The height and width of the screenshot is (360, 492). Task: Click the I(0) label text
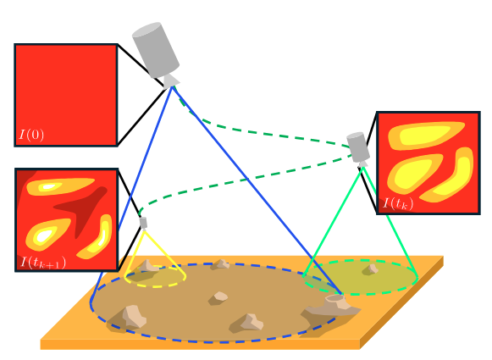coord(31,135)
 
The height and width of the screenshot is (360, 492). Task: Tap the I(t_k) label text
coord(398,203)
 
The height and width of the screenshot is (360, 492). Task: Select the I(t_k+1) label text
coord(43,263)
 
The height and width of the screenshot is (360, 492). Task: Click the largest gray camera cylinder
coord(156,50)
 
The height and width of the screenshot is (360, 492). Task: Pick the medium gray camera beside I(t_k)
coord(358,147)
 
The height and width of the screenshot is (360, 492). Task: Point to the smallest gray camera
coord(143,223)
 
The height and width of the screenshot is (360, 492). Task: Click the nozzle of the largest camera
coord(171,80)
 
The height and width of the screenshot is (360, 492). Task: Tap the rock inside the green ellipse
coord(371,269)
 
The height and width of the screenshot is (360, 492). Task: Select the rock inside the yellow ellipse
coord(147,267)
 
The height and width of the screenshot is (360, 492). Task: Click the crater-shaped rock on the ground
coord(334,304)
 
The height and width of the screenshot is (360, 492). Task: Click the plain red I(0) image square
coord(66,95)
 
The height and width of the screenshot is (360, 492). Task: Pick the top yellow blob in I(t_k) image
coord(425,136)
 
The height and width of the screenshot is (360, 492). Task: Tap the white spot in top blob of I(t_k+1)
coord(48,187)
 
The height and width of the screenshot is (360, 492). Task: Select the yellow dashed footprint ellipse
coord(155,276)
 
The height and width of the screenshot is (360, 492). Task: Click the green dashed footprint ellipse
coord(361,277)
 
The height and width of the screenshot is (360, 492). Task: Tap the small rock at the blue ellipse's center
coord(218,298)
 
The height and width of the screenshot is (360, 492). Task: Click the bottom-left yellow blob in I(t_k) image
coord(413,174)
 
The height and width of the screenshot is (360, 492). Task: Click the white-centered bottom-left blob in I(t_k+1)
coord(47,234)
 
